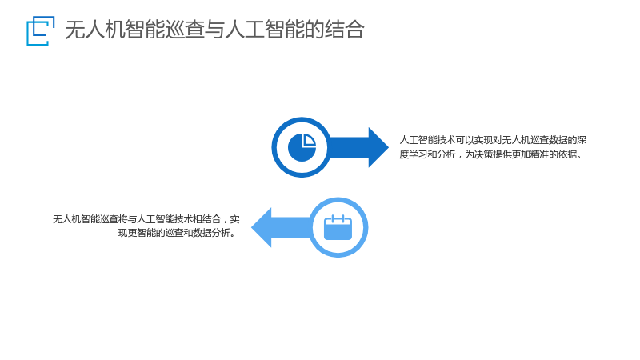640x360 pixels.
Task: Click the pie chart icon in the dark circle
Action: [302, 147]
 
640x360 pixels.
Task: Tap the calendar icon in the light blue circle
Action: [338, 227]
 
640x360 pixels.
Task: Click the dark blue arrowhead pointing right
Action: [378, 147]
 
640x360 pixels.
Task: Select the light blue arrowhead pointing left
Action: [262, 227]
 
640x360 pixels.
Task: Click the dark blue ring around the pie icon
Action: [274, 147]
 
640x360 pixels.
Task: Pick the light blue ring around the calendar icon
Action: [366, 227]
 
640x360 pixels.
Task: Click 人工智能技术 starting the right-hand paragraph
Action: [427, 140]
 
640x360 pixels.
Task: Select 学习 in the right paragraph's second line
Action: [418, 154]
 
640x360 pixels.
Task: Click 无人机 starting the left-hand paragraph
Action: [67, 219]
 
